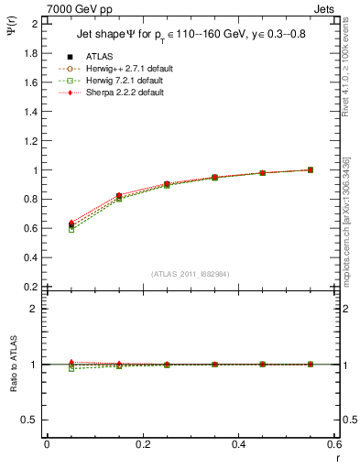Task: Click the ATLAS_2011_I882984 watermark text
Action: click(x=190, y=274)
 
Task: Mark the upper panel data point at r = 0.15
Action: click(x=119, y=196)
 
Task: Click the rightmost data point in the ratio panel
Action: click(x=310, y=365)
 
